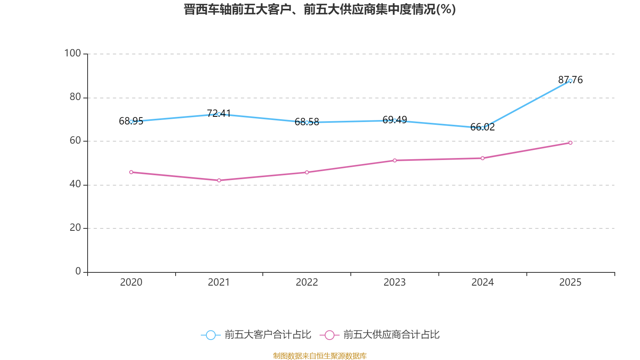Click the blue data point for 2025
tap(570, 81)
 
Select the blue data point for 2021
tap(219, 114)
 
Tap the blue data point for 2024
tap(482, 128)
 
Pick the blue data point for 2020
tap(131, 122)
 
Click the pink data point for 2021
tap(219, 180)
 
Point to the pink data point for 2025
tap(570, 143)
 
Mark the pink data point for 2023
tap(394, 160)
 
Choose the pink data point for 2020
tap(131, 172)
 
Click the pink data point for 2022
tap(307, 172)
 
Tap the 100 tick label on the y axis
tap(72, 53)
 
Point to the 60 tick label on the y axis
tap(75, 140)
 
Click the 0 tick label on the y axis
tap(78, 271)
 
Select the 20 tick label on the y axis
tap(75, 228)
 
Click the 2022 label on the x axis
tap(307, 282)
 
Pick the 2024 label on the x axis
tap(482, 282)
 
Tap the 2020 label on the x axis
tap(131, 282)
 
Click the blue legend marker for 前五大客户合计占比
tap(210, 335)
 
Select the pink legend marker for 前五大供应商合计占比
tap(329, 335)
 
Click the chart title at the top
tap(320, 9)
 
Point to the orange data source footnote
tap(320, 356)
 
